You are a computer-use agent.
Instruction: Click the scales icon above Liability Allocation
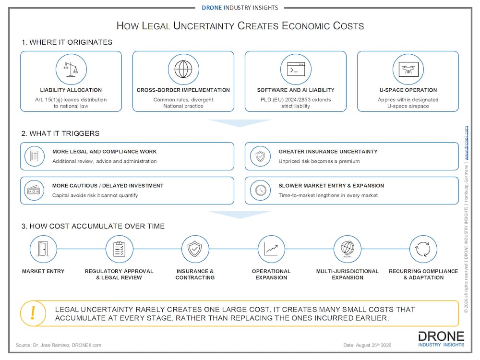tap(71, 69)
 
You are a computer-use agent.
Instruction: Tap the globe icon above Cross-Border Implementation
tap(183, 69)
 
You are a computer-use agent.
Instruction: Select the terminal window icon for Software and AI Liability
tap(296, 69)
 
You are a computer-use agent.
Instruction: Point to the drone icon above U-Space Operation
tap(408, 69)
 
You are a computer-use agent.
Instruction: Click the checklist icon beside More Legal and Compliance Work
tap(34, 156)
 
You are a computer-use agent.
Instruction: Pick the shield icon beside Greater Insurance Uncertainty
tap(260, 156)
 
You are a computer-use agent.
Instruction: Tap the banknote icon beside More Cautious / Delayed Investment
tap(34, 190)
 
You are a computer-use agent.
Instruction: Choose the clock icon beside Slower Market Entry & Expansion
tap(261, 190)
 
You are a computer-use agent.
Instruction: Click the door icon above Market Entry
tap(43, 249)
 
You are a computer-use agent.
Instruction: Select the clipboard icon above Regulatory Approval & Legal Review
tap(119, 249)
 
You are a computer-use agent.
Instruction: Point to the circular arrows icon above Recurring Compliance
tap(423, 249)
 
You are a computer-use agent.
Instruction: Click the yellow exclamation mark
tap(33, 313)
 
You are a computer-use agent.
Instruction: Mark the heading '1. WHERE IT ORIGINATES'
tap(67, 42)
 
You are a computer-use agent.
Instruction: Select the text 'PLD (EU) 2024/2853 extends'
tap(296, 99)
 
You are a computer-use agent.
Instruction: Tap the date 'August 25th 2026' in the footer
tap(373, 345)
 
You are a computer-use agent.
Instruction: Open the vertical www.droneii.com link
tap(466, 143)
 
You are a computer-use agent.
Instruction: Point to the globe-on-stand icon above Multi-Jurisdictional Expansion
tap(347, 249)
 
